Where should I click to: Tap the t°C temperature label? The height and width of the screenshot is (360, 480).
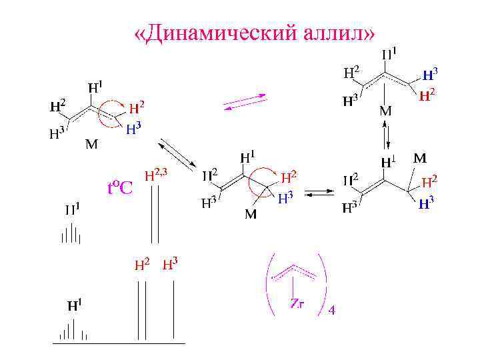[121, 188]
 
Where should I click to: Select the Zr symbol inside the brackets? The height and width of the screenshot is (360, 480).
[297, 304]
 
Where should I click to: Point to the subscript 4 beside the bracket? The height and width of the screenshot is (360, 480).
[332, 310]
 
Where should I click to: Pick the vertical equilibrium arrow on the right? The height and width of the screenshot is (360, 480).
[385, 138]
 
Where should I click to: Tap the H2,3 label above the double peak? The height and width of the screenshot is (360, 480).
[159, 175]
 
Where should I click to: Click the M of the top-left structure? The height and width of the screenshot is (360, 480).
[90, 143]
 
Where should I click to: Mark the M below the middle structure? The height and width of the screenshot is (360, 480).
[251, 214]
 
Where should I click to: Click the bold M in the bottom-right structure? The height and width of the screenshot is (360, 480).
[421, 159]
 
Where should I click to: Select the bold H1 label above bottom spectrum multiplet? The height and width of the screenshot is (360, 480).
[75, 307]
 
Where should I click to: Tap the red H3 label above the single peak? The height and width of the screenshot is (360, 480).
[170, 264]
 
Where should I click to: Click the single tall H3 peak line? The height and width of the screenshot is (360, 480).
[174, 311]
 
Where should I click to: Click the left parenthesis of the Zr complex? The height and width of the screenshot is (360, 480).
[270, 283]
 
